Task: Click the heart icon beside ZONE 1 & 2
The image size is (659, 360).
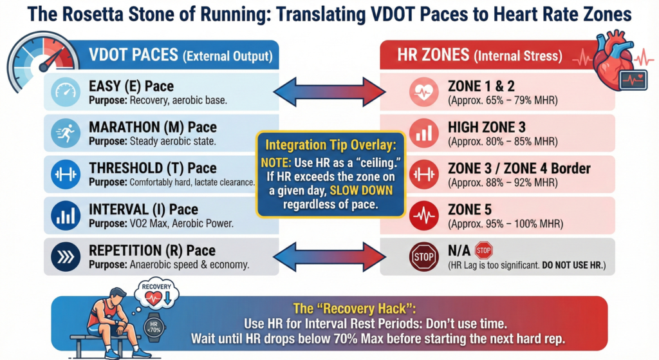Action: (424, 93)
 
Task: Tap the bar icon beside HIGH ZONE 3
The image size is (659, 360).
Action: (424, 134)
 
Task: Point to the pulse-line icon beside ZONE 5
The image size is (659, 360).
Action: (424, 216)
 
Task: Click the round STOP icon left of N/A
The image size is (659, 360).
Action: (424, 257)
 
